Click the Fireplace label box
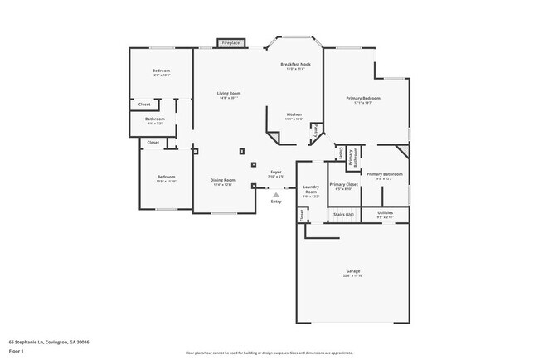(230, 42)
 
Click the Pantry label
(316, 131)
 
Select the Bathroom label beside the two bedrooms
(155, 120)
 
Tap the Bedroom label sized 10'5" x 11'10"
(167, 178)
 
